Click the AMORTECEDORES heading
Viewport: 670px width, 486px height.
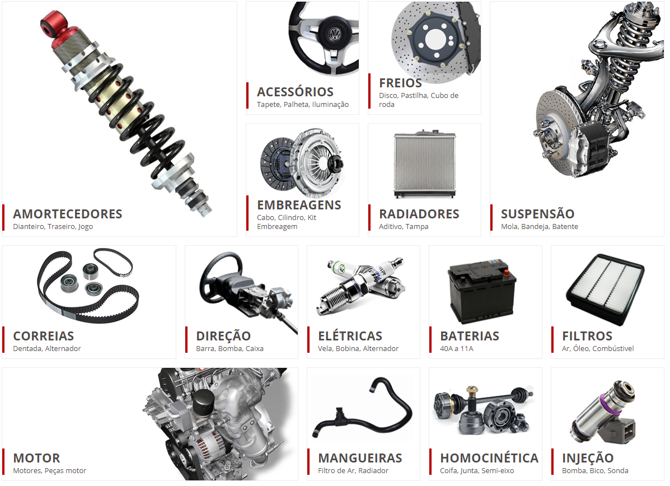coord(67,214)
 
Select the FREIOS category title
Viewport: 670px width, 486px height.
coord(400,83)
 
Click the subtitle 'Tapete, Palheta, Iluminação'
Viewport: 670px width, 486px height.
coord(302,105)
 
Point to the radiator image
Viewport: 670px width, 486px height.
coord(424,165)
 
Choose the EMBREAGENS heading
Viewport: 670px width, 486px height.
coord(299,205)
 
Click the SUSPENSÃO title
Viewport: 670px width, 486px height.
coord(537,214)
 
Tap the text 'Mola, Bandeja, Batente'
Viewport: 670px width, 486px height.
coord(539,227)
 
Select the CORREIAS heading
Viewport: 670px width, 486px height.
coord(43,336)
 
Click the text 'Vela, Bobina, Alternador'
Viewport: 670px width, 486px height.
coord(358,349)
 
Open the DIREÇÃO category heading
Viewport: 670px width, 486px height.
coord(223,336)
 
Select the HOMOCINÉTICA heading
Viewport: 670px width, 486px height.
coord(489,458)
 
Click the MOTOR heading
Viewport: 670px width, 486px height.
coord(36,458)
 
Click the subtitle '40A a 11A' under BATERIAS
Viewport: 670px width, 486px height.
coord(456,349)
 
